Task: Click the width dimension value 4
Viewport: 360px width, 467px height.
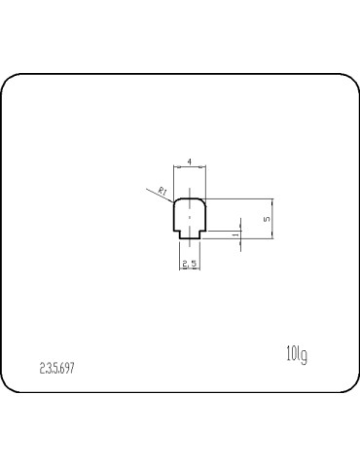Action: coord(189,161)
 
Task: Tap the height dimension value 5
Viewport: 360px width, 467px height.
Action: coord(267,220)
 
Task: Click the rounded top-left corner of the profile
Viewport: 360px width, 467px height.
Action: coord(177,202)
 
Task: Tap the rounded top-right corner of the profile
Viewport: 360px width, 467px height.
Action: coord(202,202)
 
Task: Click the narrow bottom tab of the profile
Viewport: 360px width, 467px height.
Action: coord(190,236)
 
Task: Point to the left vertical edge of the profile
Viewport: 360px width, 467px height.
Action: coord(174,219)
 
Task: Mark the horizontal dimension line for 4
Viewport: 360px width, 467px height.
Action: coord(190,167)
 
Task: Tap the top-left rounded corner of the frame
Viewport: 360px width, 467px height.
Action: coord(12,83)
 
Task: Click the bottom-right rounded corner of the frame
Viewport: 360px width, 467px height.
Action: coord(348,387)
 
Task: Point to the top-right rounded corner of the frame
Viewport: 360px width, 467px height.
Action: coord(348,83)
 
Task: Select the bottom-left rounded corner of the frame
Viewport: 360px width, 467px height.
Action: coord(12,387)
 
